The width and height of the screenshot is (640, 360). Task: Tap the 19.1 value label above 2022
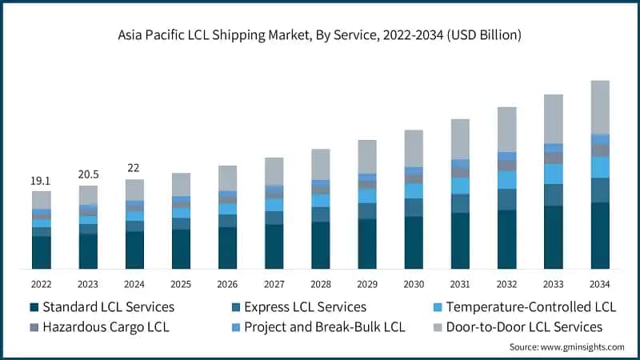pyautogui.click(x=41, y=182)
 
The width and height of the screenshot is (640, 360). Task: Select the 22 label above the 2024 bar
pyautogui.click(x=134, y=168)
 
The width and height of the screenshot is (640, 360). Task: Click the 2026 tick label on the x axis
pyautogui.click(x=227, y=284)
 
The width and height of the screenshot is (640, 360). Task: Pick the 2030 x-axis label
pyautogui.click(x=414, y=284)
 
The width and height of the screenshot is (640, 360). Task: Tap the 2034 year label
pyautogui.click(x=600, y=284)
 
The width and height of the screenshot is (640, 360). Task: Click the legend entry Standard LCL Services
pyautogui.click(x=108, y=307)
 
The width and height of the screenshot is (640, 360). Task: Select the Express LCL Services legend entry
pyautogui.click(x=305, y=307)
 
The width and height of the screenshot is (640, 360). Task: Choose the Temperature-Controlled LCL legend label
pyautogui.click(x=530, y=307)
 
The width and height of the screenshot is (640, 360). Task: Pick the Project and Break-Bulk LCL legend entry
pyautogui.click(x=325, y=326)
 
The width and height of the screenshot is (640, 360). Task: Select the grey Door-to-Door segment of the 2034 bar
pyautogui.click(x=600, y=107)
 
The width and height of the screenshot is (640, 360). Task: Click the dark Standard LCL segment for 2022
pyautogui.click(x=41, y=252)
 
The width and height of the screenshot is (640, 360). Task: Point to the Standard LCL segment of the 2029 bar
pyautogui.click(x=367, y=243)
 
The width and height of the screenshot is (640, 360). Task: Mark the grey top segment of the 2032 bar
pyautogui.click(x=506, y=129)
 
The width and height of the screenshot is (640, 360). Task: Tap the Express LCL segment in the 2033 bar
pyautogui.click(x=553, y=194)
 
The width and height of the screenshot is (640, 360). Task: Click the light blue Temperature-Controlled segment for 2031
pyautogui.click(x=460, y=186)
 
